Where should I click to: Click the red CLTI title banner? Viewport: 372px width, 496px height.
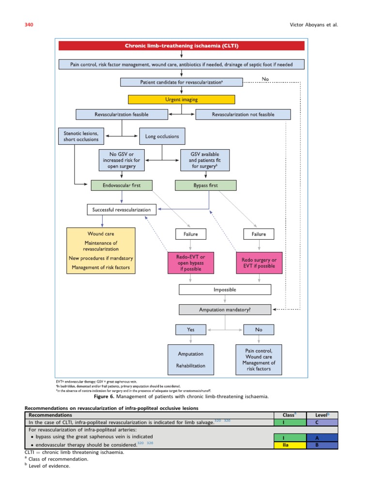pyautogui.click(x=182, y=46)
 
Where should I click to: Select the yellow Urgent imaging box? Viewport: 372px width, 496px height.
pyautogui.click(x=181, y=99)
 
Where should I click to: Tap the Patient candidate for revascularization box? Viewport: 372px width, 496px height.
pyautogui.click(x=181, y=82)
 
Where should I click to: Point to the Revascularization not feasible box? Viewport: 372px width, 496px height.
pyautogui.click(x=243, y=114)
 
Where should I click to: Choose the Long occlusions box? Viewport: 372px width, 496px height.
pyautogui.click(x=162, y=137)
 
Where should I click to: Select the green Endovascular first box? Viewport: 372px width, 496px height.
pyautogui.click(x=122, y=185)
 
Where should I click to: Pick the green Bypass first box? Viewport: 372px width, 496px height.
pyautogui.click(x=205, y=185)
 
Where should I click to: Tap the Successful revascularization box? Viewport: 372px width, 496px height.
pyautogui.click(x=122, y=210)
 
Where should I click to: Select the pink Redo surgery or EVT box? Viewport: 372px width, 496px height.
pyautogui.click(x=259, y=263)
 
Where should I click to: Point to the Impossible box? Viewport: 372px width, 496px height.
pyautogui.click(x=225, y=290)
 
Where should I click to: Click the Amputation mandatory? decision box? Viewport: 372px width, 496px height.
pyautogui.click(x=225, y=309)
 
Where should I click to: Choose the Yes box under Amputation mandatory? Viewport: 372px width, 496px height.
pyautogui.click(x=191, y=330)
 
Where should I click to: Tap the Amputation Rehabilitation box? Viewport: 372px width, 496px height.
pyautogui.click(x=191, y=359)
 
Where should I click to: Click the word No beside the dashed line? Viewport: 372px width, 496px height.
pyautogui.click(x=265, y=79)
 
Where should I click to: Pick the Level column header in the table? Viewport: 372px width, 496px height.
pyautogui.click(x=322, y=415)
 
